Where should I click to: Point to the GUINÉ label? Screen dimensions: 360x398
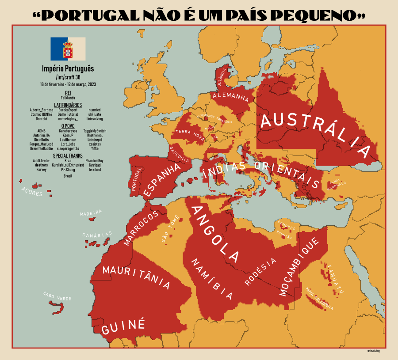[x=123, y=327]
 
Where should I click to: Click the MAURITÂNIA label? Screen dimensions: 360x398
[x=136, y=277]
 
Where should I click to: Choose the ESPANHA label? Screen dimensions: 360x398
[x=162, y=180]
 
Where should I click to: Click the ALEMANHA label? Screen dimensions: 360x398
[x=231, y=97]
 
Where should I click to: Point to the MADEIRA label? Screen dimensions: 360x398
[x=91, y=213]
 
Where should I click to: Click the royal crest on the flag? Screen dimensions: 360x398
[x=68, y=49]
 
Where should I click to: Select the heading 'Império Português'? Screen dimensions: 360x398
[x=68, y=69]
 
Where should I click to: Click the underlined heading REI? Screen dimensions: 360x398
[x=68, y=93]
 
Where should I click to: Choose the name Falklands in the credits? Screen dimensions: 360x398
[x=68, y=98]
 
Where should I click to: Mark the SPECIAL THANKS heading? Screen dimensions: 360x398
[x=68, y=156]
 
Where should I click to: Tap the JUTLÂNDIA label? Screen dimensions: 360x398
[x=222, y=77]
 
